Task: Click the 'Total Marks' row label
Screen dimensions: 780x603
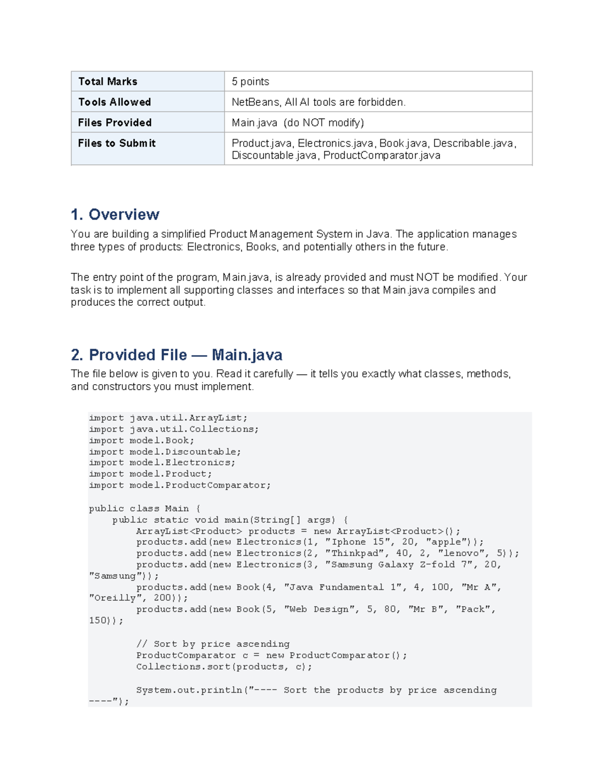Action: [108, 81]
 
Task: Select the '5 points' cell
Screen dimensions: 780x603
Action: [250, 81]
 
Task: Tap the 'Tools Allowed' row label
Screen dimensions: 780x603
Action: [114, 102]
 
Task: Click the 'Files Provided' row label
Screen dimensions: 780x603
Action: [115, 123]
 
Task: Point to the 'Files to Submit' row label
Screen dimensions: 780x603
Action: [117, 143]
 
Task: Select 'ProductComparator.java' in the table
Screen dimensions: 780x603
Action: [381, 155]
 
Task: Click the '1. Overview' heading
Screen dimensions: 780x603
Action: [115, 214]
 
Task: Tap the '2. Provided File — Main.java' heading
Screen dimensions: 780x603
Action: [176, 355]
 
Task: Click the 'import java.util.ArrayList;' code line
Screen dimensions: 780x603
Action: [168, 418]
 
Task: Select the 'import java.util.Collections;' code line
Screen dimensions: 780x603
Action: [173, 429]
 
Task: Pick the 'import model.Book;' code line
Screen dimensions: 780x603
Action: [141, 440]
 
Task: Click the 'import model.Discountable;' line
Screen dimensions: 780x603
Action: [165, 452]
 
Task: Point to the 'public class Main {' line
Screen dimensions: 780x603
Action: [144, 508]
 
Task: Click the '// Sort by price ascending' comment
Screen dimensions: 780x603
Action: [213, 644]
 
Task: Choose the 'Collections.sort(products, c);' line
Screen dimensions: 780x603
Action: [224, 666]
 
